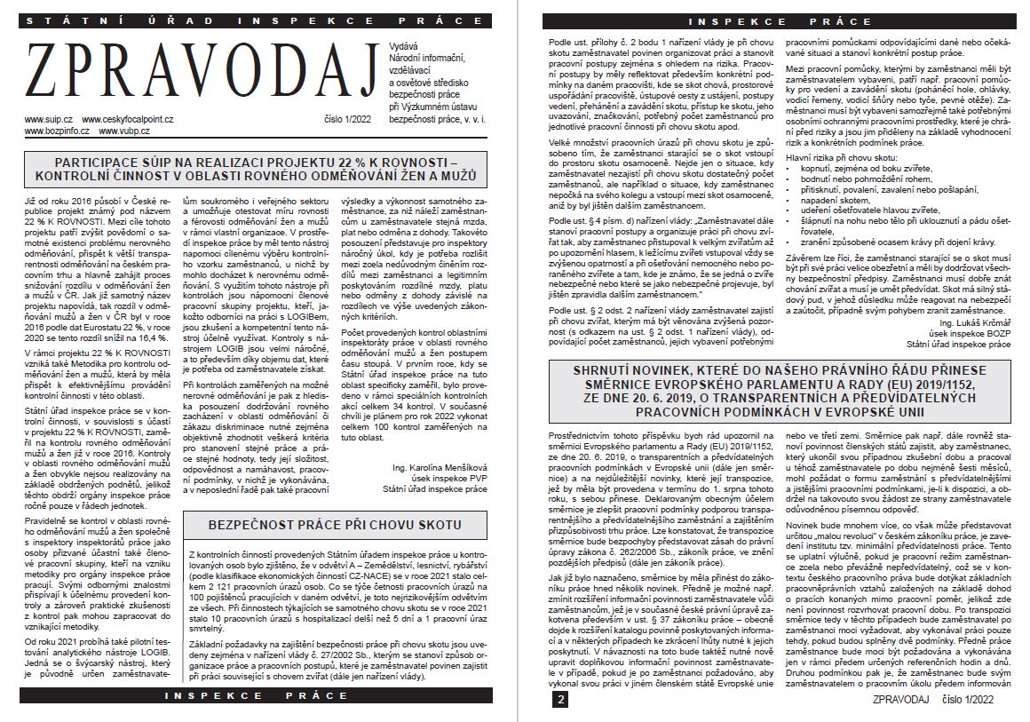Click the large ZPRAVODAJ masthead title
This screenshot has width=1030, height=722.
point(202,77)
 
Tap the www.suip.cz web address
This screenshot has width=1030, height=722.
point(49,119)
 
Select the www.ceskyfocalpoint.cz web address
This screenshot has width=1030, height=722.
point(128,119)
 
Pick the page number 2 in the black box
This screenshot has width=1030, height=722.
point(560,700)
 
